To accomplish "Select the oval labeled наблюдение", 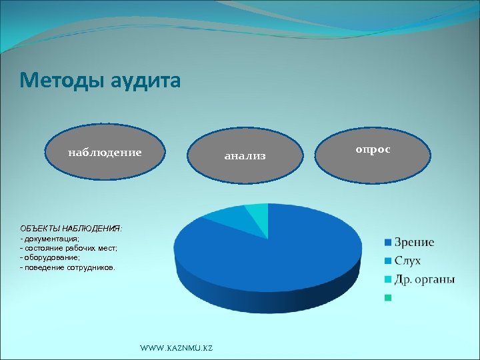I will coord(105,153).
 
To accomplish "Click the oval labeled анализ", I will coord(245,156).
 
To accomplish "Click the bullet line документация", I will coord(52,238).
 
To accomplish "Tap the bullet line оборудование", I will coord(52,257).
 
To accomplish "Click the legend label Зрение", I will coord(414,242).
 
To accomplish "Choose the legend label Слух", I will coord(407,261).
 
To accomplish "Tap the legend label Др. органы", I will coord(425,279).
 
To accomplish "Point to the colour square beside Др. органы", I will coord(387,280).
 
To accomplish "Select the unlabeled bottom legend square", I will coord(387,298).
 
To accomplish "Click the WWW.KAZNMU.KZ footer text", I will coord(177,349).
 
